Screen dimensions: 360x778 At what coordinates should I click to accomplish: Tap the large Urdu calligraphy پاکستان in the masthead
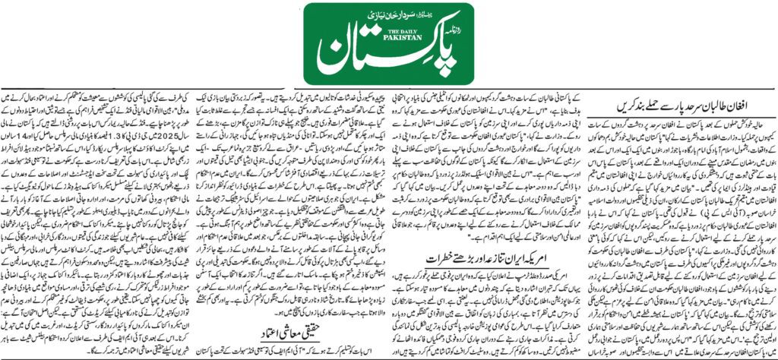[380, 57]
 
